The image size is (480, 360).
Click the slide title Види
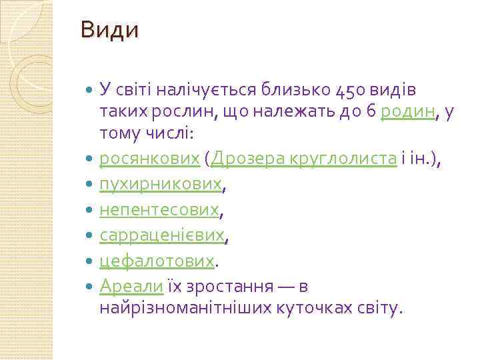[x=109, y=31]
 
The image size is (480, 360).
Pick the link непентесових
[x=159, y=210]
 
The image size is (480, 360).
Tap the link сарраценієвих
[x=162, y=235]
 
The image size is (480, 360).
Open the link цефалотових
[x=157, y=261]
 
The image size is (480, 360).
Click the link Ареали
[x=131, y=286]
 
